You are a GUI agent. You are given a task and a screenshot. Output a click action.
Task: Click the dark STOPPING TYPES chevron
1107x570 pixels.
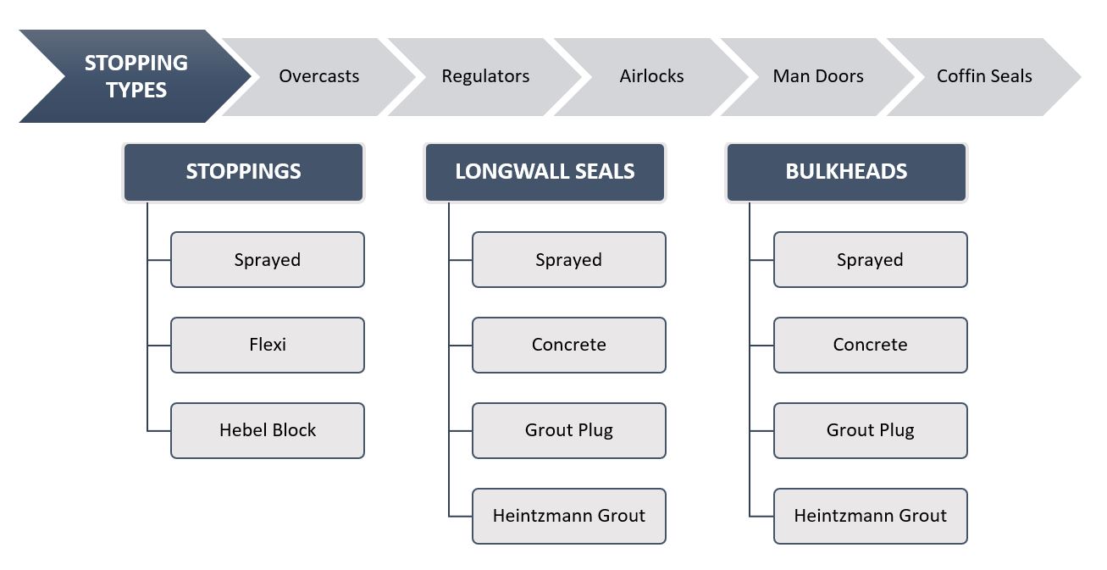coord(136,76)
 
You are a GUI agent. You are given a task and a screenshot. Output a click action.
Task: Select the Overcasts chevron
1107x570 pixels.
coord(319,76)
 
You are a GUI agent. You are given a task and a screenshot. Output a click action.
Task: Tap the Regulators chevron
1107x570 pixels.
coord(485,76)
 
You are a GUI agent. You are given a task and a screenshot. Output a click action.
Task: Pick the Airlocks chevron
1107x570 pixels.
coord(652,76)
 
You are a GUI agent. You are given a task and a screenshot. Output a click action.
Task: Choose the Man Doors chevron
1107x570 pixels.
coord(818,76)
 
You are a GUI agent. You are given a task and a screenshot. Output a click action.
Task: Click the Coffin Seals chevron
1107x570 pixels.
coord(984,76)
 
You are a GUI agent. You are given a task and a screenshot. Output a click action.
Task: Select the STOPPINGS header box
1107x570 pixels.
coord(243,172)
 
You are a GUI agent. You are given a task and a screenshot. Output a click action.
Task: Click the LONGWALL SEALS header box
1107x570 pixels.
coord(545,172)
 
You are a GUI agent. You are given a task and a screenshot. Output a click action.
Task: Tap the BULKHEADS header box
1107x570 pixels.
coord(846,172)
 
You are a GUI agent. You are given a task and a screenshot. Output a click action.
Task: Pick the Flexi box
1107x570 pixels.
coord(268,345)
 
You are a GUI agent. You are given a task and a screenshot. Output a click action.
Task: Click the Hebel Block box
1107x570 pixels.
coord(268,430)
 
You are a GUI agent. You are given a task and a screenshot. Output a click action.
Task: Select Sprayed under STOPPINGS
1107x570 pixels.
coord(268,259)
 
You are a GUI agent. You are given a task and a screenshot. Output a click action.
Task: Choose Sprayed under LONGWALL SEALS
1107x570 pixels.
coord(569,259)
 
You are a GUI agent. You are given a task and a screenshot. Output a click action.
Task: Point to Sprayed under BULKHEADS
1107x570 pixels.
coord(871,259)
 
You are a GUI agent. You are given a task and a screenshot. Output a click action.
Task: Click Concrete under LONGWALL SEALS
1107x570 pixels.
coord(569,345)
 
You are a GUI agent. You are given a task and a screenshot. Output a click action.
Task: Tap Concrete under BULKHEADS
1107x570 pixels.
coord(871,345)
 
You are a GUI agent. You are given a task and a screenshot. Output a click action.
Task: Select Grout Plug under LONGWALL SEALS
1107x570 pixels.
coord(569,430)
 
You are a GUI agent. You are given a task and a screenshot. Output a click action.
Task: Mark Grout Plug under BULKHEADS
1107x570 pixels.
coord(871,430)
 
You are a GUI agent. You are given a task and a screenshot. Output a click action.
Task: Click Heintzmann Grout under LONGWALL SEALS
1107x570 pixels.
coord(569,516)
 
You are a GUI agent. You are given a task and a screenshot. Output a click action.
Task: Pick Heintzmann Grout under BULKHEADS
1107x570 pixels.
coord(871,516)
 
